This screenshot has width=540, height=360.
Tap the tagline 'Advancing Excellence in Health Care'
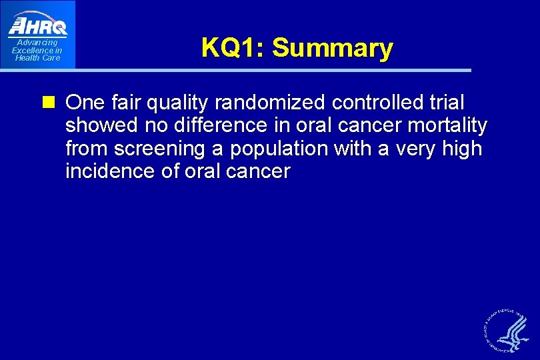pyautogui.click(x=37, y=50)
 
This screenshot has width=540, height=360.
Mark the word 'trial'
pyautogui.click(x=447, y=103)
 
